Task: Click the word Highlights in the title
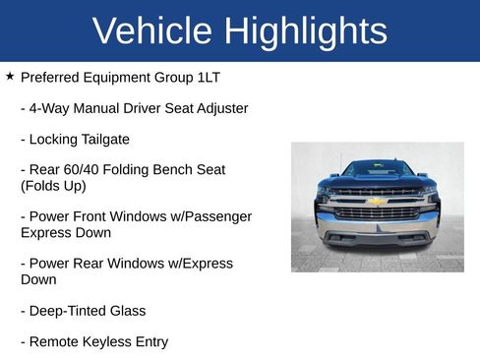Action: tap(305, 31)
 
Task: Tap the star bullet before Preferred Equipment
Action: tap(10, 75)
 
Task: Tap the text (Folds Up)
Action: tap(53, 185)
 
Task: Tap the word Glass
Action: tap(127, 311)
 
